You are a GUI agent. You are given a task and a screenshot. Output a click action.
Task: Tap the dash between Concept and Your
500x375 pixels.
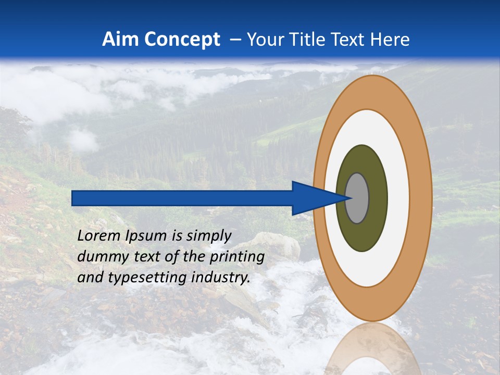(x=235, y=40)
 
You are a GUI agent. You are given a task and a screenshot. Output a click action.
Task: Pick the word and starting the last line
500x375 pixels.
(x=89, y=278)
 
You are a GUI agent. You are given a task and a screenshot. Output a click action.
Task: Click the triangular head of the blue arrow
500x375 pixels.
(x=312, y=198)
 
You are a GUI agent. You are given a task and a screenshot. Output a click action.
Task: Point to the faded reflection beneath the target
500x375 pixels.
(x=372, y=349)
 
